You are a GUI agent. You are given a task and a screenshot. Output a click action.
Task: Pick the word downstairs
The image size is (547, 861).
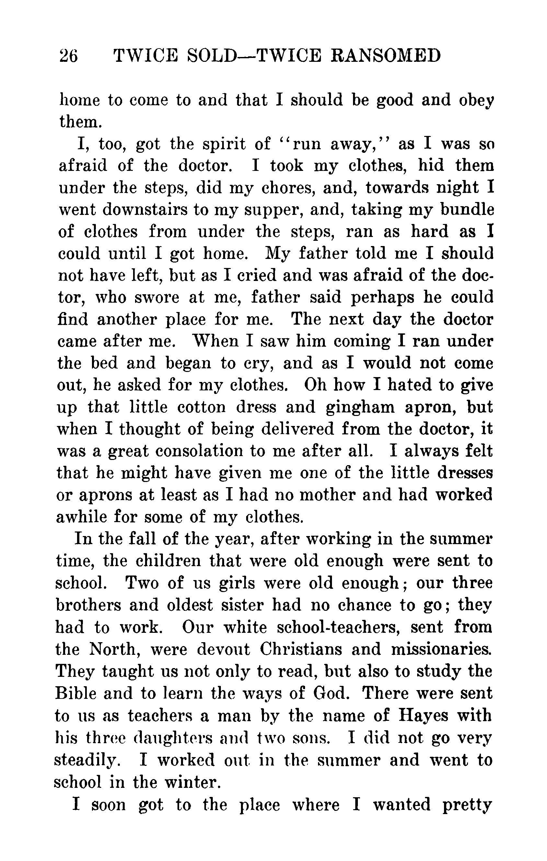[145, 209]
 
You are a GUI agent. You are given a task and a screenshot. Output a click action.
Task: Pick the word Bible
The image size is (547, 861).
[76, 694]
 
